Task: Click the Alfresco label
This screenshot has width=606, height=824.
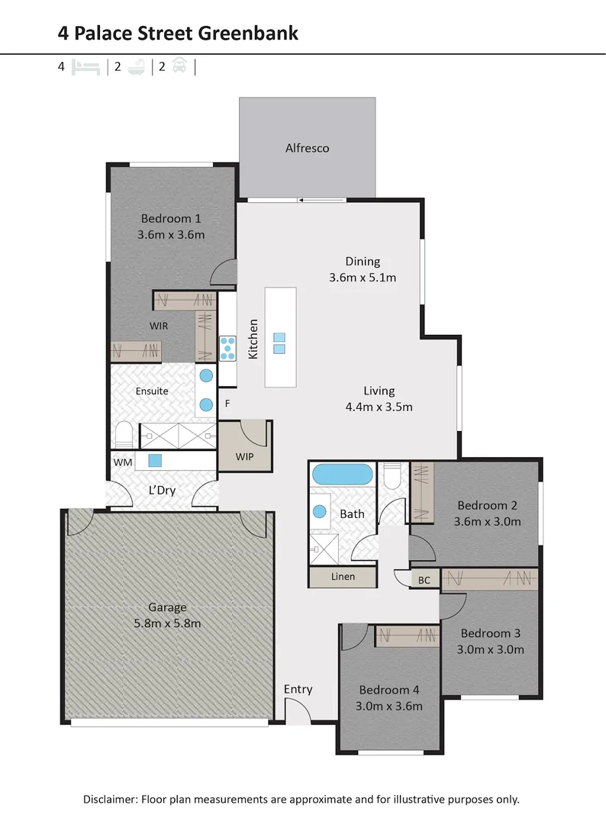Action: click(307, 148)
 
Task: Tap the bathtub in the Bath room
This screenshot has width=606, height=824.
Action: click(342, 474)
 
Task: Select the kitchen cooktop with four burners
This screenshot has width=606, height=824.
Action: click(227, 349)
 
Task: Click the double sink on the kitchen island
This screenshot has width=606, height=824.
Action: click(279, 343)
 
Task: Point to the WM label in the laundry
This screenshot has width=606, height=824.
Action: click(123, 462)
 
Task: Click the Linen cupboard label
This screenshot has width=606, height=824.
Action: click(343, 577)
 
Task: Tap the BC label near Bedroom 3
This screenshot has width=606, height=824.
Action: click(424, 580)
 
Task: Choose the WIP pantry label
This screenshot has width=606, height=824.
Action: click(244, 457)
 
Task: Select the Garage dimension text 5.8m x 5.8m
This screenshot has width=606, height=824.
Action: click(167, 624)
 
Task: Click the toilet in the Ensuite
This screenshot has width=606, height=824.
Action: click(124, 434)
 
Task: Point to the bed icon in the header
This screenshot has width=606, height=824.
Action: click(85, 67)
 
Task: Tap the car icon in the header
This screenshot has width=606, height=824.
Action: click(180, 66)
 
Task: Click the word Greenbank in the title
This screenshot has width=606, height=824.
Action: click(249, 33)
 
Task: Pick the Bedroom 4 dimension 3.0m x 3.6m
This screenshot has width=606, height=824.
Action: click(389, 707)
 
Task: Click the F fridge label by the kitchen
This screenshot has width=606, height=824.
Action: click(227, 404)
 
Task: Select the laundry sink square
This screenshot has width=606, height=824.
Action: click(154, 461)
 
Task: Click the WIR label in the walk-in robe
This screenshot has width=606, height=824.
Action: click(159, 326)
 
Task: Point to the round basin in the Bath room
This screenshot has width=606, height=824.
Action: click(320, 511)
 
